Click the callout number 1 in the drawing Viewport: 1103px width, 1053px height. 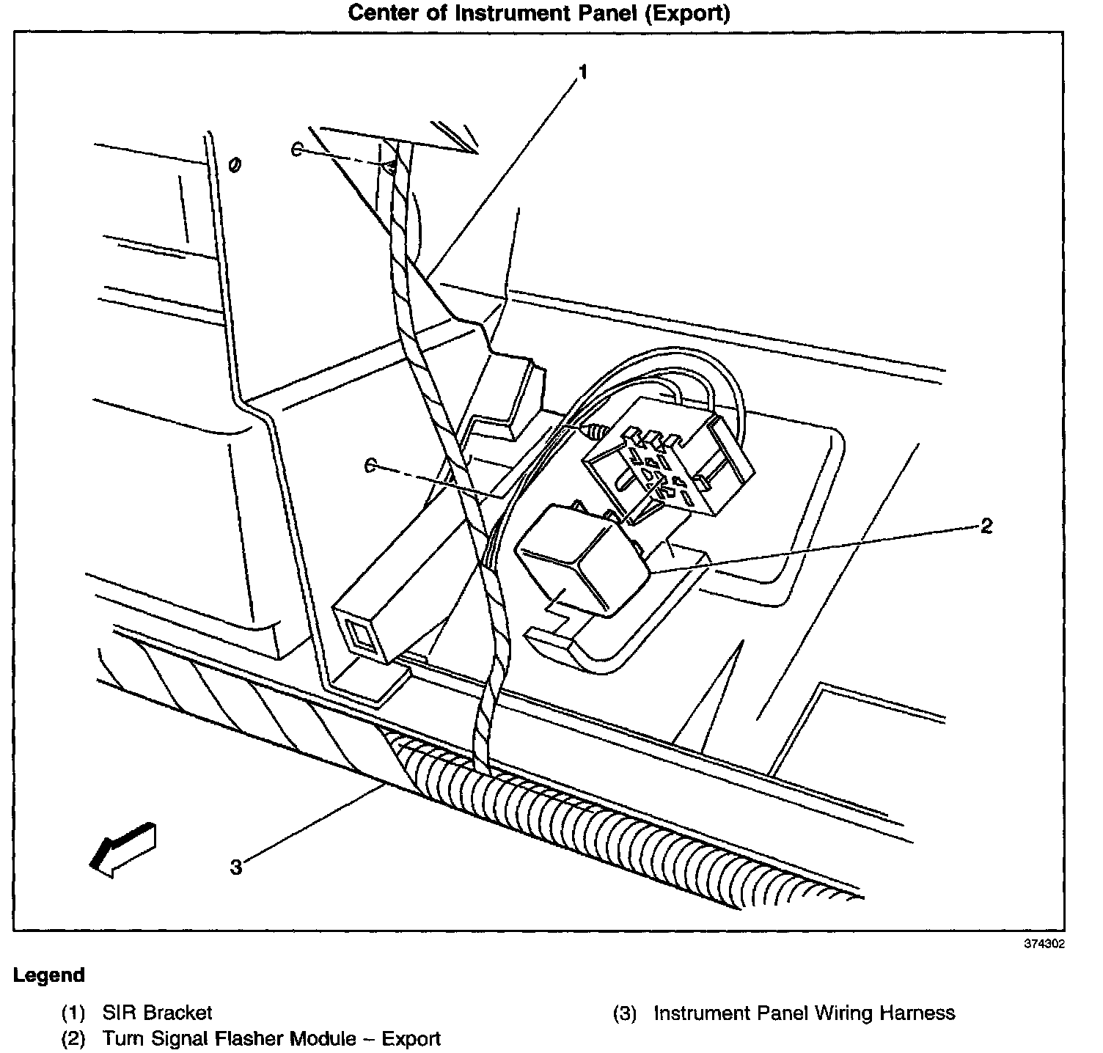(x=583, y=73)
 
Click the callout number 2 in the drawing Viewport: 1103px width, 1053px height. (x=986, y=526)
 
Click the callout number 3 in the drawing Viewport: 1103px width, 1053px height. (x=235, y=867)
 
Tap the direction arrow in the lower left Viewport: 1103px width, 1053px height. (x=122, y=847)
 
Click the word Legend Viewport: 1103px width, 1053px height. (x=49, y=976)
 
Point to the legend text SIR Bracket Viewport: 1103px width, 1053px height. (x=157, y=1013)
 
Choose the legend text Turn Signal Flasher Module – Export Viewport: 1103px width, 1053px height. (x=271, y=1039)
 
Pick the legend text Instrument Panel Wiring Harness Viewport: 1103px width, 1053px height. (x=805, y=1013)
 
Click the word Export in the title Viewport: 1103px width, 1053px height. (x=686, y=14)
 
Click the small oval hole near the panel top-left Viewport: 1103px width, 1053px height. (x=235, y=165)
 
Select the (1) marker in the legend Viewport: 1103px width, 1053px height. (x=73, y=1013)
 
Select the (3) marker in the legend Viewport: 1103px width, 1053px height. (x=624, y=1013)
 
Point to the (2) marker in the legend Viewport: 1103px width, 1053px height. (x=73, y=1039)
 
